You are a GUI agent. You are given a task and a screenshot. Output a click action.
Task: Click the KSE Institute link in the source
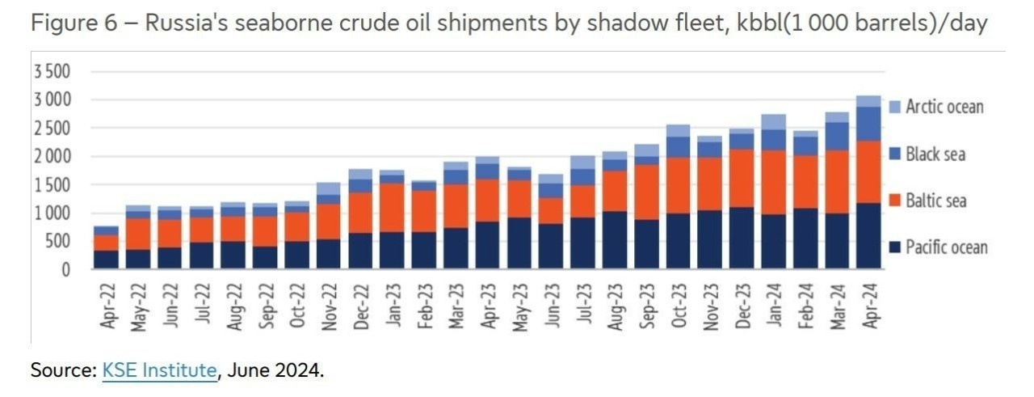159,371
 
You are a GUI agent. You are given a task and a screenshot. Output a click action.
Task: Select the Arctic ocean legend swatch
894,107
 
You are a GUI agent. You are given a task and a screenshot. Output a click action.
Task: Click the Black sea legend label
935,154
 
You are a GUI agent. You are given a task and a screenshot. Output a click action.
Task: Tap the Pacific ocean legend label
946,247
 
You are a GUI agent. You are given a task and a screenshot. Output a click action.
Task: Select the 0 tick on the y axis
67,269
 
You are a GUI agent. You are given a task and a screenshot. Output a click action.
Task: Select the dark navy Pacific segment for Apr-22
107,260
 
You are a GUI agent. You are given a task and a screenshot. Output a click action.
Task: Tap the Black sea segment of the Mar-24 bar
837,137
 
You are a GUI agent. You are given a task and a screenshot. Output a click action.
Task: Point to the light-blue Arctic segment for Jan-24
773,122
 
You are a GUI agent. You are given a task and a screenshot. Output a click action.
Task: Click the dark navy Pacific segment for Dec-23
742,238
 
